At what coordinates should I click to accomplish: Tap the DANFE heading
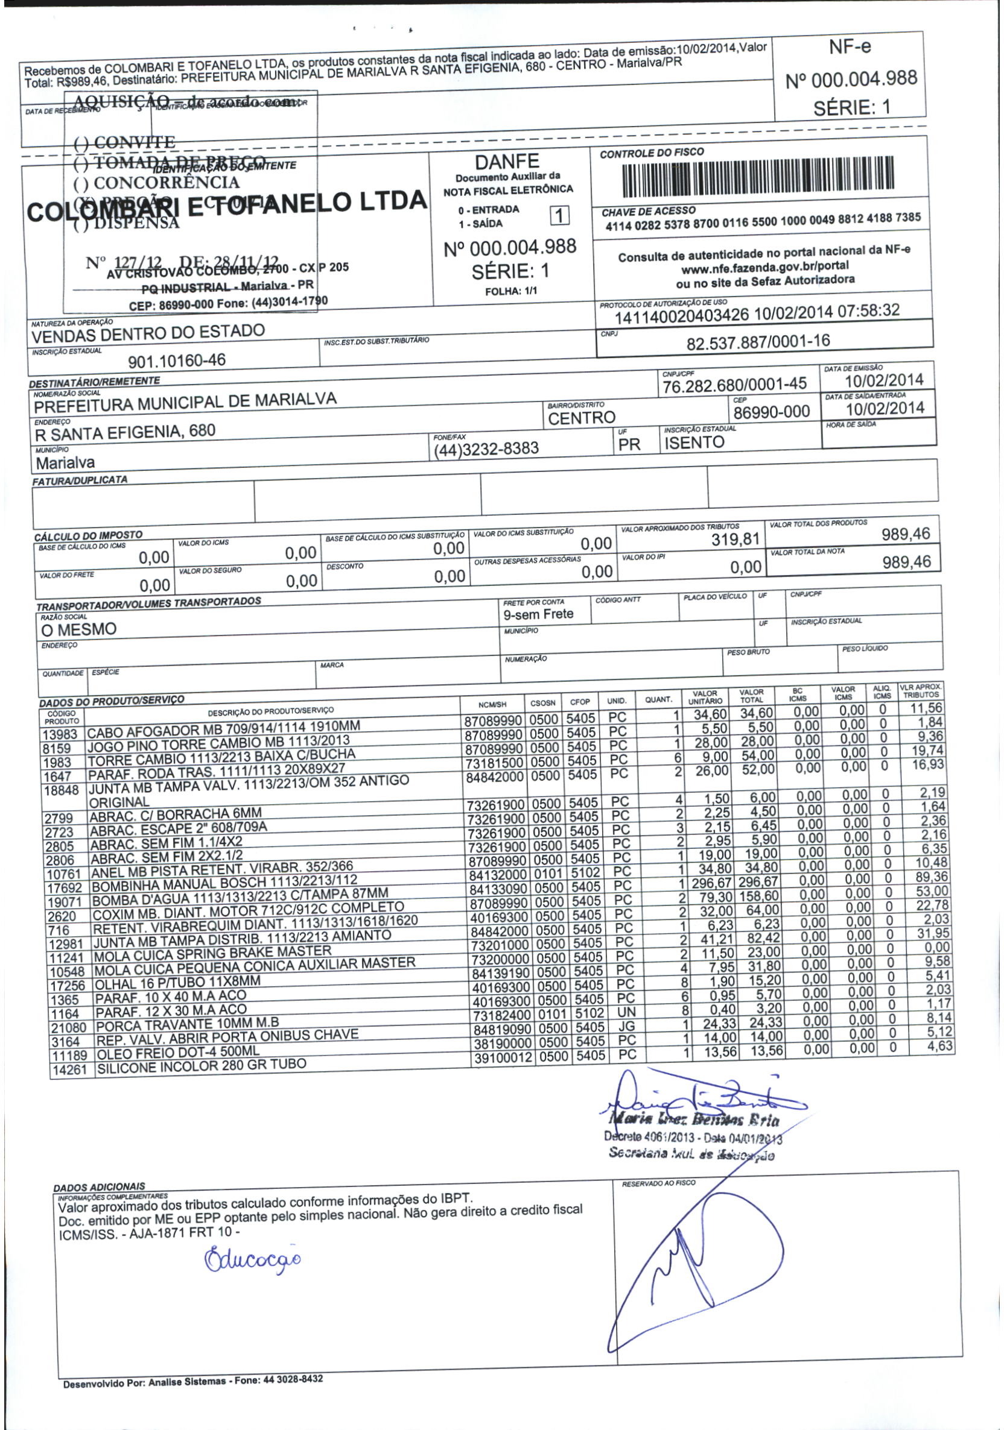[507, 162]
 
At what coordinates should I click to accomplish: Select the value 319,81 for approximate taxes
[736, 540]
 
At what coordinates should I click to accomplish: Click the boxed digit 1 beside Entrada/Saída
[560, 215]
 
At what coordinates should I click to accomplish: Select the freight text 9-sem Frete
[538, 615]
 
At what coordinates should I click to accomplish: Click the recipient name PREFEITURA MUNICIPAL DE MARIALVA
[185, 402]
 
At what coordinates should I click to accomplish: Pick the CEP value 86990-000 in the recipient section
[772, 412]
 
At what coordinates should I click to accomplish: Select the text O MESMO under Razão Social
[78, 629]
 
